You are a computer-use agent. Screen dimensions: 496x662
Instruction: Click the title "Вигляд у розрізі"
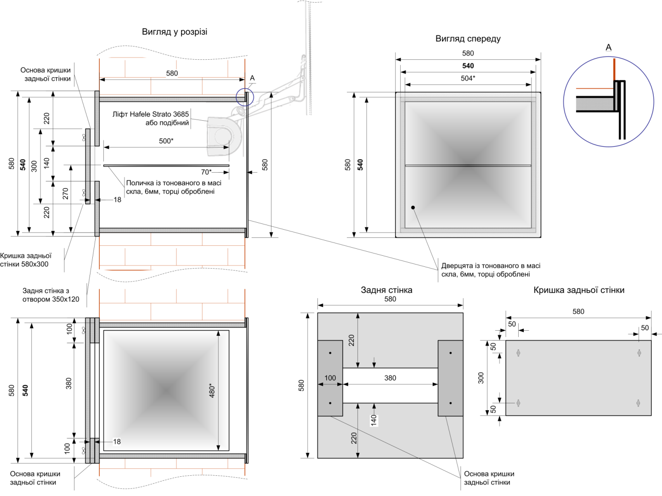point(175,32)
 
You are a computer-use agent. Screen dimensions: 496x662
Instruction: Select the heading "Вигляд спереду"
point(468,39)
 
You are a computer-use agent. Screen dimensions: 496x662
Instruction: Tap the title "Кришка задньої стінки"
point(579,290)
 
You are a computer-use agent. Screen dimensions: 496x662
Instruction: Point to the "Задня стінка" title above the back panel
point(386,290)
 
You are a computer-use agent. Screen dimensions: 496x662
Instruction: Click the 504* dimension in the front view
point(468,78)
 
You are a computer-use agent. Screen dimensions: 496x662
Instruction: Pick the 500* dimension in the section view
point(166,141)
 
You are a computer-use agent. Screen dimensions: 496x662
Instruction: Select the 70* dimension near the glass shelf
point(206,172)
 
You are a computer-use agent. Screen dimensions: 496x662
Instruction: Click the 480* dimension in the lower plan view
point(212,390)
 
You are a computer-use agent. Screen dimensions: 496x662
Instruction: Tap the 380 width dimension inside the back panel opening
point(390,378)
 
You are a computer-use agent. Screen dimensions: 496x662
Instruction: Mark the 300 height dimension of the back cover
point(481,378)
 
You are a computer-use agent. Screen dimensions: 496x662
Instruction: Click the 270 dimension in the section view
point(66,193)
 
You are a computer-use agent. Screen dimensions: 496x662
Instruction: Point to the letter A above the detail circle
point(608,47)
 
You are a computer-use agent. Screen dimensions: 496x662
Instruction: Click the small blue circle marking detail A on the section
point(245,97)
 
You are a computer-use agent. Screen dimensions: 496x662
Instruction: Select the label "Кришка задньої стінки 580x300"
point(26,260)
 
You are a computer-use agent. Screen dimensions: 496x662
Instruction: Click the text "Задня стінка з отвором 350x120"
point(51,295)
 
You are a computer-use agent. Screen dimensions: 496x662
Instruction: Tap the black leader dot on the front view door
point(413,208)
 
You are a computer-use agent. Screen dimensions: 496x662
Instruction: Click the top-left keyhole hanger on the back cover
point(518,353)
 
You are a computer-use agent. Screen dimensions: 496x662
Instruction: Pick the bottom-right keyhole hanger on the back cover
point(638,403)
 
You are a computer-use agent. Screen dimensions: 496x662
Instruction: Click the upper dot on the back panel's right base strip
point(450,353)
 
